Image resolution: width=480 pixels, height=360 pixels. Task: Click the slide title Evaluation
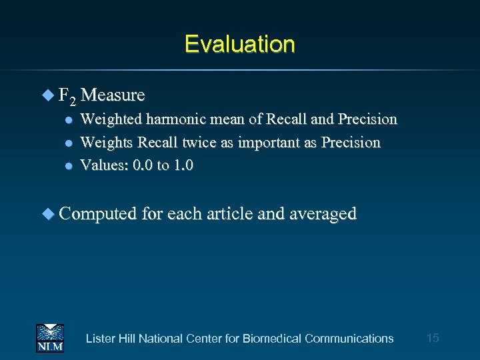pos(239,44)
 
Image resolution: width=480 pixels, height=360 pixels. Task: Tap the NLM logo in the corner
pos(49,338)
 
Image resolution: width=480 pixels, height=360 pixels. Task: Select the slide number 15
pos(432,338)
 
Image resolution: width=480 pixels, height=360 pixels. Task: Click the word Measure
pos(115,95)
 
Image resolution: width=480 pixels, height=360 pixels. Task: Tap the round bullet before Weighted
pos(67,120)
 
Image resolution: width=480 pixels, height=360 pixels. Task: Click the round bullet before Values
pos(67,166)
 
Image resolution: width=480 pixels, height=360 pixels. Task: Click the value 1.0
pos(183,165)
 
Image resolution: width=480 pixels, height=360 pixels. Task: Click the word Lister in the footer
pos(100,339)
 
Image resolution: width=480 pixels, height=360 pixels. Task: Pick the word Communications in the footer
pos(349,339)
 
